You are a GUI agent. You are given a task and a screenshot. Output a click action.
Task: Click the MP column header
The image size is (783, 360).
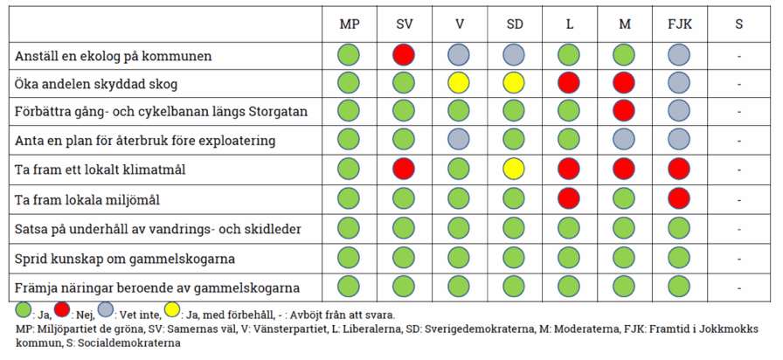pyautogui.click(x=350, y=24)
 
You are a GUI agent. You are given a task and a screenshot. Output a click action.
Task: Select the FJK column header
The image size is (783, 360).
pyautogui.click(x=679, y=24)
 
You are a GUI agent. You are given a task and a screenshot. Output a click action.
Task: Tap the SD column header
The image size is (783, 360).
pyautogui.click(x=515, y=24)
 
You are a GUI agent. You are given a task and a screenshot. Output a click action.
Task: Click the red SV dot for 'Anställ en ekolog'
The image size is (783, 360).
pyautogui.click(x=404, y=55)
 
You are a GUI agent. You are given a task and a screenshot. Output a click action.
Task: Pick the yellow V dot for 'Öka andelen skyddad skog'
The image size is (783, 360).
pyautogui.click(x=459, y=84)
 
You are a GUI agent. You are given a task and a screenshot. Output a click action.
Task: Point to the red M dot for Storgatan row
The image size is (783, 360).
pyautogui.click(x=624, y=111)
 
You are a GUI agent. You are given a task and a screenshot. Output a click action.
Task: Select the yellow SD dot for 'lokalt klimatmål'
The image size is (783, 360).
pyautogui.click(x=515, y=169)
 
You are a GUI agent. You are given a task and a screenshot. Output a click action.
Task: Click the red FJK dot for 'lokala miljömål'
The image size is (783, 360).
pyautogui.click(x=679, y=197)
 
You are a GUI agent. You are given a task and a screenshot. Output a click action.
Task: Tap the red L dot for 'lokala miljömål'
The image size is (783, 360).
pyautogui.click(x=569, y=197)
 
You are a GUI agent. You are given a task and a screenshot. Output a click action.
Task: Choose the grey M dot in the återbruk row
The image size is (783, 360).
pyautogui.click(x=624, y=140)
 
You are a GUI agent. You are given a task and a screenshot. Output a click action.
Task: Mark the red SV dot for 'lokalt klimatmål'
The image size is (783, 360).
pyautogui.click(x=404, y=169)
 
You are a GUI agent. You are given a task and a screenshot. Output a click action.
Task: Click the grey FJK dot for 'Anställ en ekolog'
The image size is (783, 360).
pyautogui.click(x=679, y=55)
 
